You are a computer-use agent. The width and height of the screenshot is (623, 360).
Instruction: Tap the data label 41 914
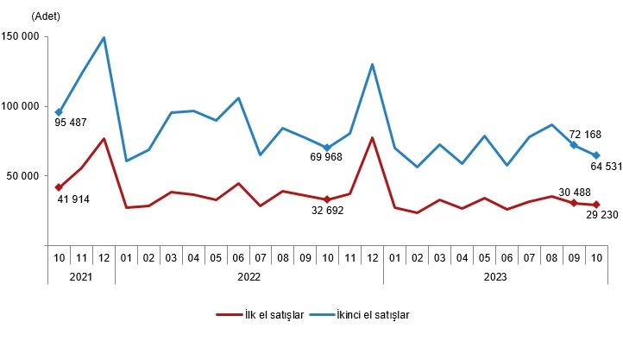click(x=75, y=200)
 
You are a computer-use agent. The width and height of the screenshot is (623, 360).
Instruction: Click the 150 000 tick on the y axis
click(x=21, y=36)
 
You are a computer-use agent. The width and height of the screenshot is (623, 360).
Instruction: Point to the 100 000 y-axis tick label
click(x=21, y=106)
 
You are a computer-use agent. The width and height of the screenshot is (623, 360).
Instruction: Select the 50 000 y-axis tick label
click(x=23, y=176)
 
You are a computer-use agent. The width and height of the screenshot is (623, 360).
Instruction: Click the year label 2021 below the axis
click(x=81, y=277)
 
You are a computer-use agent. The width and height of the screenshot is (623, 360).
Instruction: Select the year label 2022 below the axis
click(x=249, y=277)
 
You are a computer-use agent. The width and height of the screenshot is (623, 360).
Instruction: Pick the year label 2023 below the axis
click(x=494, y=277)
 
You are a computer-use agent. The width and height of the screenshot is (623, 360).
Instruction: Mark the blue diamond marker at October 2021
click(x=59, y=112)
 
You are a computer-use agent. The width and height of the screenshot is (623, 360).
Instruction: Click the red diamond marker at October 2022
click(x=327, y=199)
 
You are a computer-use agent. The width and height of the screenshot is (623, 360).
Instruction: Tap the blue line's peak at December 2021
click(x=104, y=38)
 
